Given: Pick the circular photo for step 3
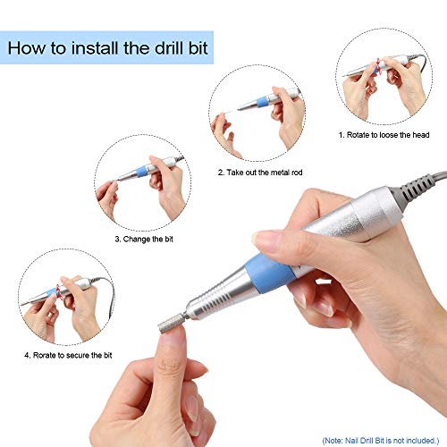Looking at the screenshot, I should tap(139, 184).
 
